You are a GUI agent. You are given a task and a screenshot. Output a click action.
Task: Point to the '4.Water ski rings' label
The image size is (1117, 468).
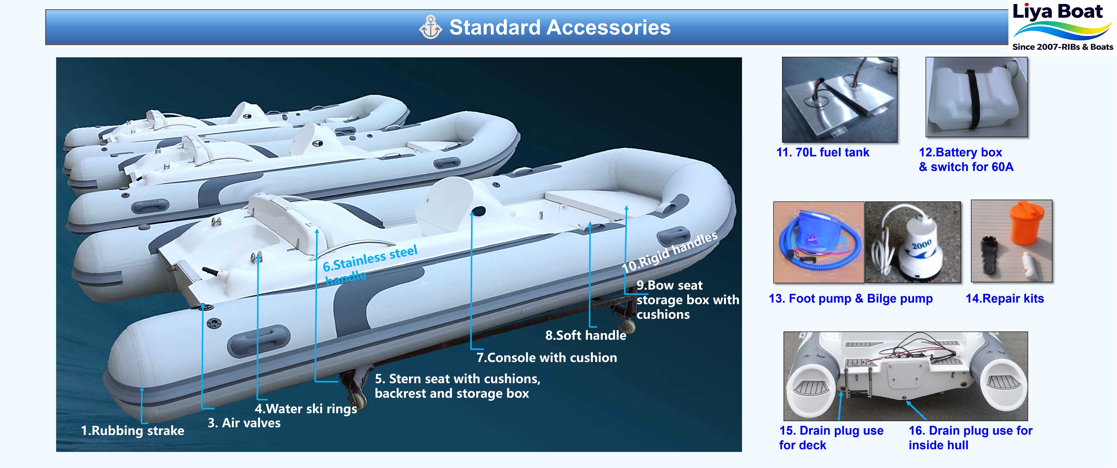(306, 409)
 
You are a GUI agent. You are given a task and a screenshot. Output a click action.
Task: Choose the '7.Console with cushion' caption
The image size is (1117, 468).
(546, 357)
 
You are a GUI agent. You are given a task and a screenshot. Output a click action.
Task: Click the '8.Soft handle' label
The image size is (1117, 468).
(585, 335)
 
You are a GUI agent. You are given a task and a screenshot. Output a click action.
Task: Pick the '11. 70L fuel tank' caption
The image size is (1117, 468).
(823, 152)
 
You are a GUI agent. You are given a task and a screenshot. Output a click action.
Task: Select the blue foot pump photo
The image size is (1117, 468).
(818, 242)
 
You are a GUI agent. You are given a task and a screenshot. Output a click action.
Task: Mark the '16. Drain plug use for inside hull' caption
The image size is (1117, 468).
(970, 438)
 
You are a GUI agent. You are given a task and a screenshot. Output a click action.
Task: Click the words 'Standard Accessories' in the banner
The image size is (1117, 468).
(559, 27)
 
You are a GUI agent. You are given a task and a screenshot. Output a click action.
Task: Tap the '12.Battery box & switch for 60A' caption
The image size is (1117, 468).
(966, 160)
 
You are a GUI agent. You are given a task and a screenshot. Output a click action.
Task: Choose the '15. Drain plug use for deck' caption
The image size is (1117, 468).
(831, 438)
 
